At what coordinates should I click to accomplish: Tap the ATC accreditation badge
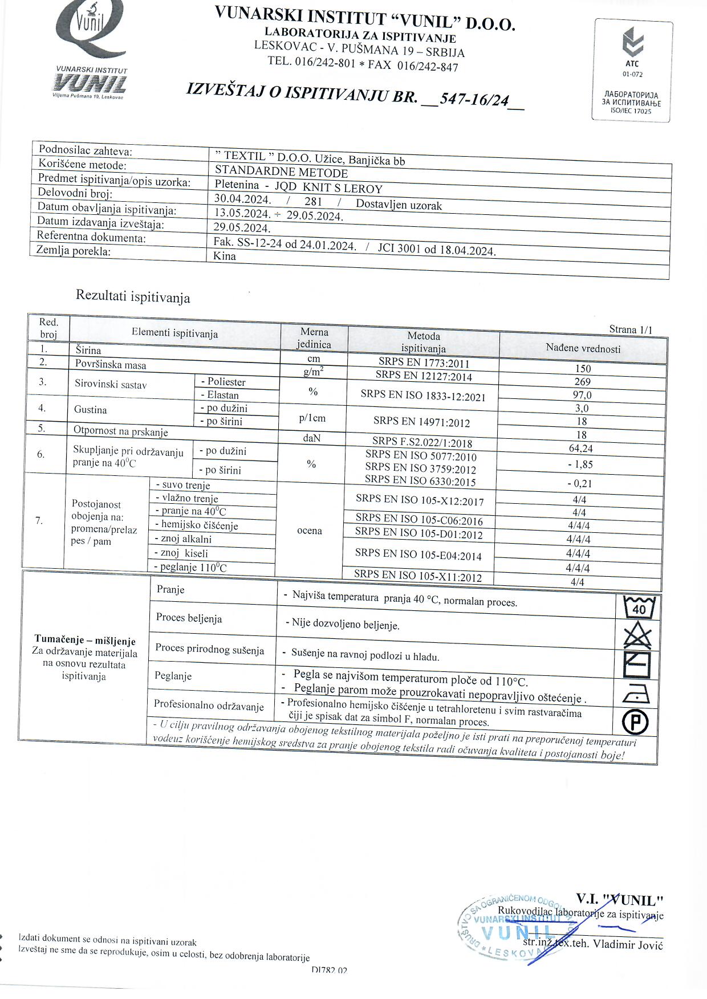tap(633, 70)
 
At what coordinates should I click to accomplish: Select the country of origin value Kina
tap(225, 256)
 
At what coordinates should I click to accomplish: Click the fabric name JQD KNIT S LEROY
tap(328, 187)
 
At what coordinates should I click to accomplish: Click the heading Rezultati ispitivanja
tap(133, 297)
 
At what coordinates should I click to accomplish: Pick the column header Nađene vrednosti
tap(583, 348)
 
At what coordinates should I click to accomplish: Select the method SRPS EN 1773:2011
tap(424, 362)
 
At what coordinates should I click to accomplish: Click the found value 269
tap(583, 382)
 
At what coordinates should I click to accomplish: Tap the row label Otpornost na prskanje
tap(121, 431)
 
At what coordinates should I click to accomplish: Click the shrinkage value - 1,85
tap(580, 464)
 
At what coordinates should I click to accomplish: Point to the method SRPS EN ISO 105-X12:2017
tap(420, 501)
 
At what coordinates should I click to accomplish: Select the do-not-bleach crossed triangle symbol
tap(637, 636)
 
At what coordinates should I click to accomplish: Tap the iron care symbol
tap(637, 695)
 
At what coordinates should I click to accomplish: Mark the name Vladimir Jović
tap(628, 944)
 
